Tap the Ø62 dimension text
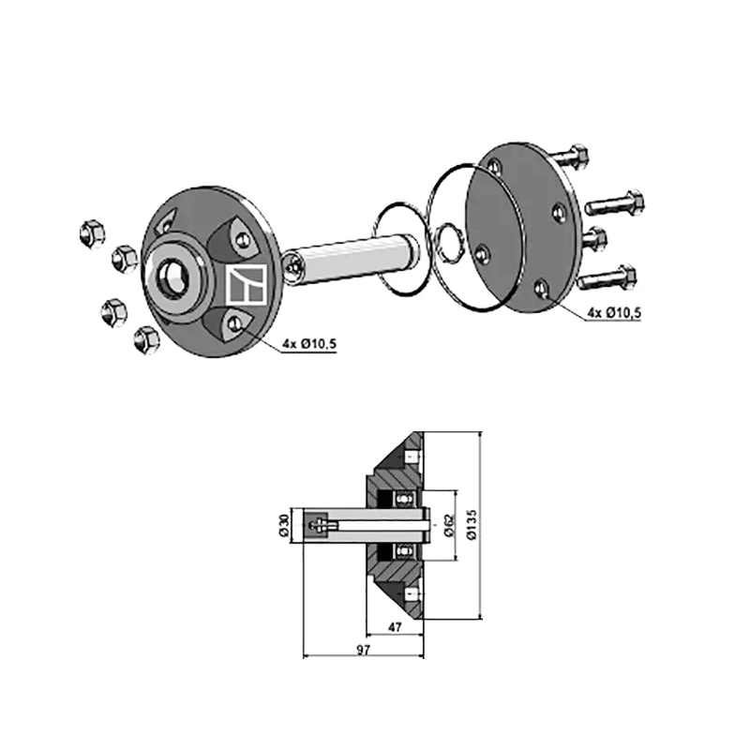449,526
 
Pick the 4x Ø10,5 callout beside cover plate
614,312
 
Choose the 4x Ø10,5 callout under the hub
308,345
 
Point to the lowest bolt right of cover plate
608,278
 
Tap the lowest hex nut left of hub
145,340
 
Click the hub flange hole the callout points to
233,324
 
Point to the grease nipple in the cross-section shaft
322,526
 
